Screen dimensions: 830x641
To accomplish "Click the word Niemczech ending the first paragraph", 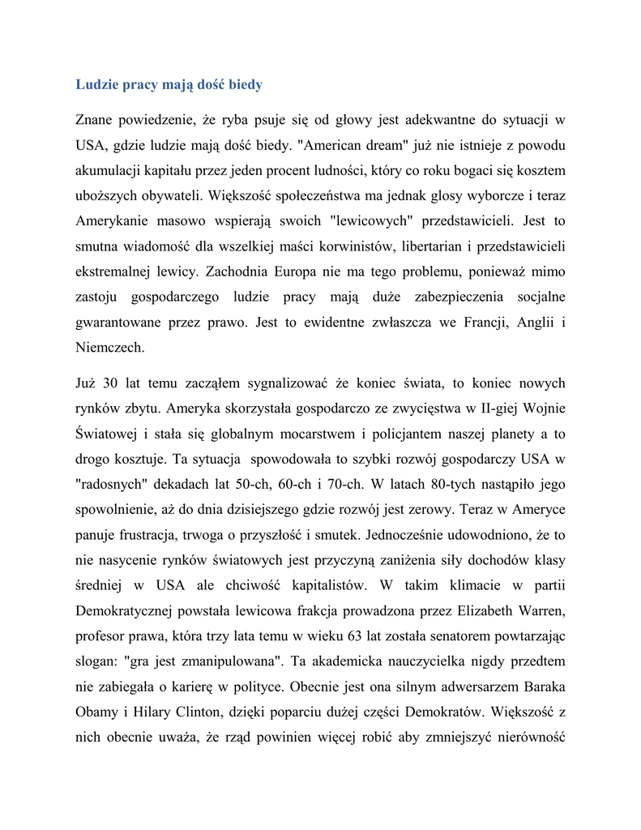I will pos(110,347).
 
